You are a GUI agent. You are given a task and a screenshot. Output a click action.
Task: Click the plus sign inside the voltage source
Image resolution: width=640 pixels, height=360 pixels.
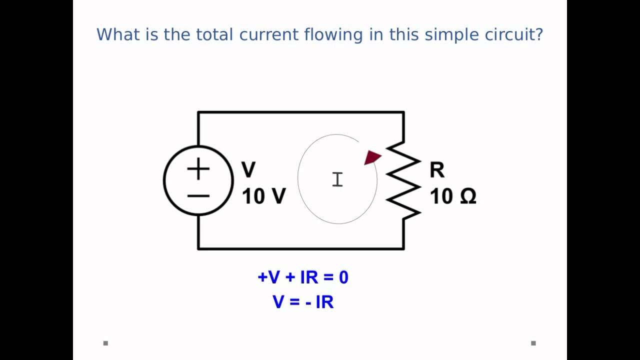point(198,169)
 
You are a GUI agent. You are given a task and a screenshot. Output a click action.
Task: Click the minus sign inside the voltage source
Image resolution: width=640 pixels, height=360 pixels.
point(198,195)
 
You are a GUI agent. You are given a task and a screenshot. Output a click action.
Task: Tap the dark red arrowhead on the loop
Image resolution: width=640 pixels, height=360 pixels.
point(372,157)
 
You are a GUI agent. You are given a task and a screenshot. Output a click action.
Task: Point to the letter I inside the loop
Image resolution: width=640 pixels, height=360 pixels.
point(337,179)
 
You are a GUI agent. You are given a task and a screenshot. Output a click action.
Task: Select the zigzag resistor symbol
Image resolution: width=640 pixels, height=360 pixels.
point(403,180)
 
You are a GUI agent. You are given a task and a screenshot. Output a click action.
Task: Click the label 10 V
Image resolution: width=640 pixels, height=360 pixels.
point(264,196)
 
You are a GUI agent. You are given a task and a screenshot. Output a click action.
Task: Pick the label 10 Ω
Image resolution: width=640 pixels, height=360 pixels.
point(453,196)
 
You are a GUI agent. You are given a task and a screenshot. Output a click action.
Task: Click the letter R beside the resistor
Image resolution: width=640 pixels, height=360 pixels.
point(436,170)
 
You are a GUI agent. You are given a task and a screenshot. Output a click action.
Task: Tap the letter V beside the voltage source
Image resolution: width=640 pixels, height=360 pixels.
point(248,170)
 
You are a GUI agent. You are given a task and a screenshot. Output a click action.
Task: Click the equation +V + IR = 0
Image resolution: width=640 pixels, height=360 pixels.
point(303,277)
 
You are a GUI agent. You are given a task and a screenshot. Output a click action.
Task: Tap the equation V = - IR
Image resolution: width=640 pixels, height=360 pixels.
point(303,302)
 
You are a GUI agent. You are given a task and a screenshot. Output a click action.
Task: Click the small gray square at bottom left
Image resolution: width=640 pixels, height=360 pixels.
point(105,343)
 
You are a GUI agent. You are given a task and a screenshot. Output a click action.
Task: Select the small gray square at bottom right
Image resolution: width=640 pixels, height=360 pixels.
point(533,343)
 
